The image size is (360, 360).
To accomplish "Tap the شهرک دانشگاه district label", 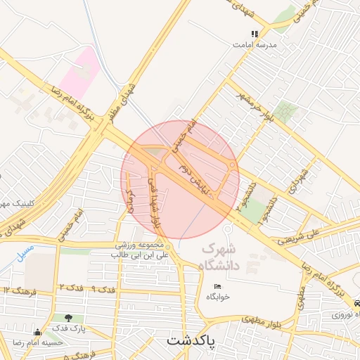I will tap(219, 257).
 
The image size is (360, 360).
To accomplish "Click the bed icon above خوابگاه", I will tap(217, 287).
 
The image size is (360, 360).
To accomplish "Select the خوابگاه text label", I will tap(218, 297).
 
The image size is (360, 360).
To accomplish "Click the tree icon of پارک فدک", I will tap(68, 318).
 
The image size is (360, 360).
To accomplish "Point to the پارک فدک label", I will tap(69, 328).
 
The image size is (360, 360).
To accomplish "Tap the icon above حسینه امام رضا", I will tap(37, 332).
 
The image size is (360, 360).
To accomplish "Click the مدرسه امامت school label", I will tap(256, 44).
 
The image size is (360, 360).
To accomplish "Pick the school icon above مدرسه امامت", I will tap(255, 34).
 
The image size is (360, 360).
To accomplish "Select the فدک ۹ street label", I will tap(103, 289).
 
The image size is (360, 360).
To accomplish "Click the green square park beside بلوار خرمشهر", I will tap(285, 111).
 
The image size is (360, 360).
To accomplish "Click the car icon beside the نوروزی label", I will tap(356, 304).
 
